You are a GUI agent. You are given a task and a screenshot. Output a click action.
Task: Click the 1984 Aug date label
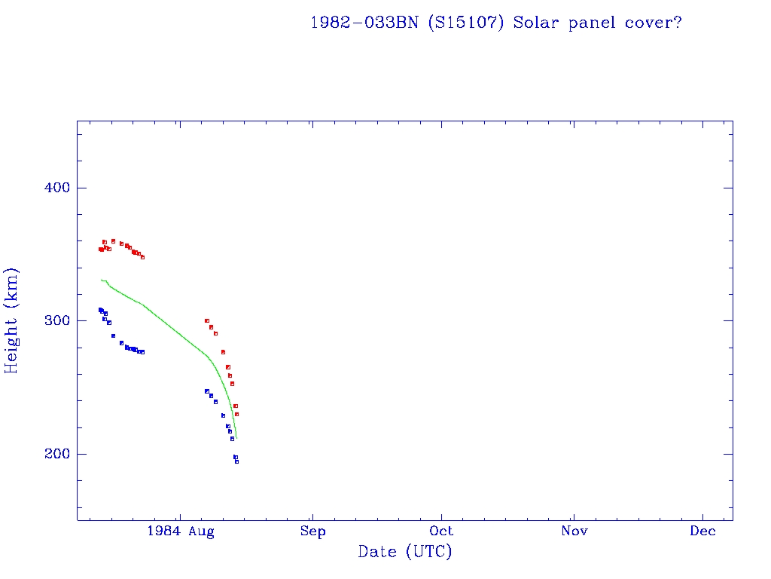point(181,532)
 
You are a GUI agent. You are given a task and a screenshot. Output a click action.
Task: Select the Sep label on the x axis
point(312,532)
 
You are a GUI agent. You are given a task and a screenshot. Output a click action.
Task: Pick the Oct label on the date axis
point(442,532)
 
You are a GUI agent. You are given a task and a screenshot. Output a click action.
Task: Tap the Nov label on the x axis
point(574,532)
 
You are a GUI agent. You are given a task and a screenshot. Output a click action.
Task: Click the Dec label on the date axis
point(703,532)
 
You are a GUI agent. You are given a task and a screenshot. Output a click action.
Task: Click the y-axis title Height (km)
point(12,320)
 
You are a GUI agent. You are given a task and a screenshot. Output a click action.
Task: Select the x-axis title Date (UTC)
point(405,553)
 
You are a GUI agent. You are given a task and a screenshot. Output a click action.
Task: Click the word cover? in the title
point(654,23)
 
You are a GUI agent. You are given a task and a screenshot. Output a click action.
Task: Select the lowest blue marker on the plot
point(236,461)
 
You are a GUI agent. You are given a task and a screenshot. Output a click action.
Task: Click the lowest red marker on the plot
point(236,414)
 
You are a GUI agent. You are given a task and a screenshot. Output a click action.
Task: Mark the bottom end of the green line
point(236,438)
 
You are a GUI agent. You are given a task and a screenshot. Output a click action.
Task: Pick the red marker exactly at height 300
point(207,320)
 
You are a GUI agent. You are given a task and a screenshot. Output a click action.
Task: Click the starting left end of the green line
point(101,280)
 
